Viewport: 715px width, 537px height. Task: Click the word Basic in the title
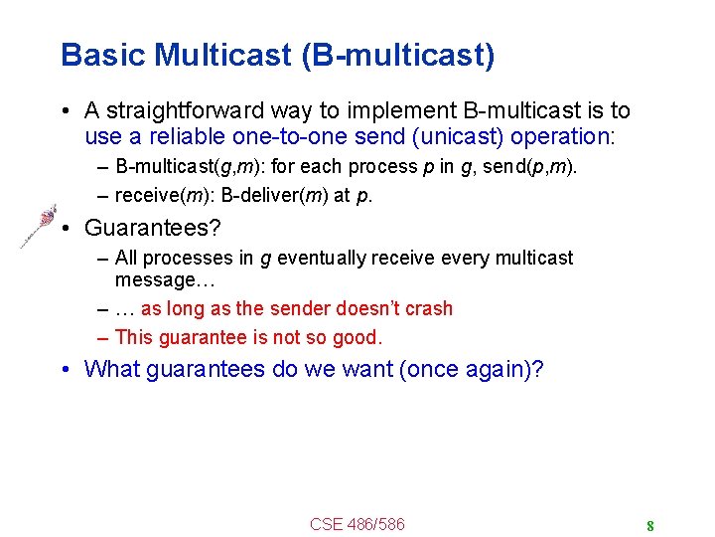(102, 55)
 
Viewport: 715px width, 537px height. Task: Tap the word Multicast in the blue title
(222, 55)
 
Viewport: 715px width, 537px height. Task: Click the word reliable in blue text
(188, 136)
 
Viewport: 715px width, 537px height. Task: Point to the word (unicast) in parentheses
(458, 136)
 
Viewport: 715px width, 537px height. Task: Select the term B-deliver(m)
(274, 196)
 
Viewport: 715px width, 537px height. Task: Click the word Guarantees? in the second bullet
(153, 228)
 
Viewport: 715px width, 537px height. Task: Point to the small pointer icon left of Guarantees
(39, 226)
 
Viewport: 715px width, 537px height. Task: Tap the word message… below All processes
(165, 280)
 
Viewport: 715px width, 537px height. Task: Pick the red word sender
(300, 308)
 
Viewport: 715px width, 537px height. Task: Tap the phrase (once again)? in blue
(472, 369)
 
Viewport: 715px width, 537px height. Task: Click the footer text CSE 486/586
(357, 524)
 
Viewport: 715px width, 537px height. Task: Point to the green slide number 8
(650, 526)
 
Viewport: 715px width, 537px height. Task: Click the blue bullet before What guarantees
(66, 369)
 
